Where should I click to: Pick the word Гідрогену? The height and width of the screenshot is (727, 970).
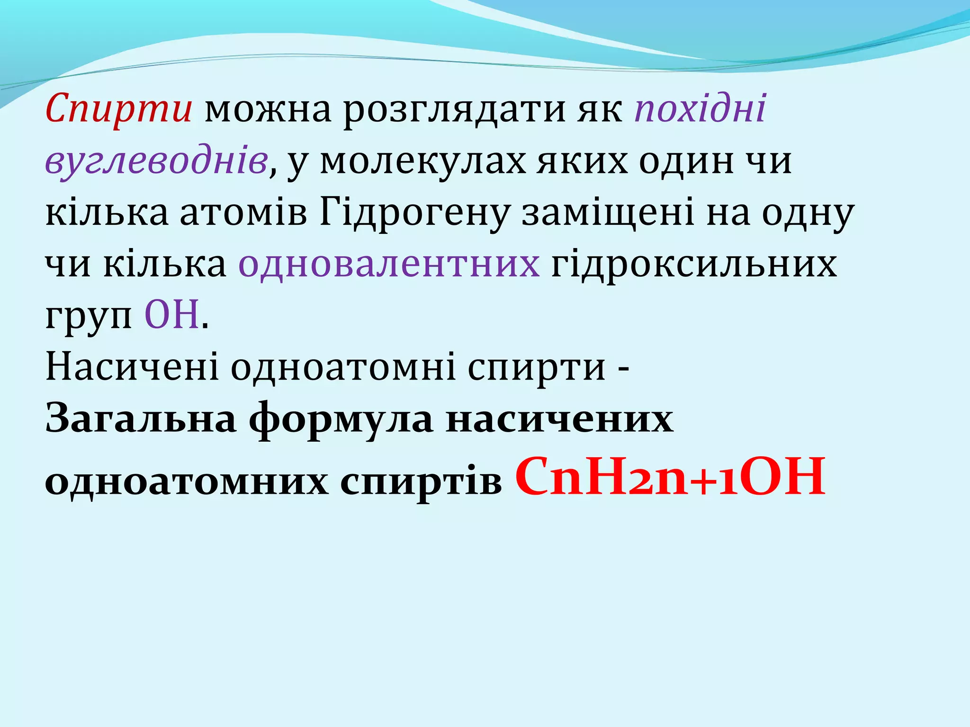click(x=414, y=213)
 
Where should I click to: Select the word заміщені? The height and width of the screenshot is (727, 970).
click(x=608, y=213)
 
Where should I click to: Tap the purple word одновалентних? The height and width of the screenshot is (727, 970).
click(x=389, y=264)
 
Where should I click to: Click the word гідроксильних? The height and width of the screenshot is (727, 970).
click(x=694, y=264)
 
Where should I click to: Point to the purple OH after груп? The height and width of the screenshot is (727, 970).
click(x=171, y=315)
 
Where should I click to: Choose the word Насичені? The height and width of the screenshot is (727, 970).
click(x=132, y=367)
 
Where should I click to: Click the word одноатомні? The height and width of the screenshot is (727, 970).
click(x=343, y=367)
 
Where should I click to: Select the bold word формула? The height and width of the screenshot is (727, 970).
click(x=341, y=419)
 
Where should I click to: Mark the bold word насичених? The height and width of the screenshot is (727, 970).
click(x=559, y=419)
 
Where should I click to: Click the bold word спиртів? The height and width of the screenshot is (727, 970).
click(x=421, y=483)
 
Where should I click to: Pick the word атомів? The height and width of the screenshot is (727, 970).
click(x=243, y=213)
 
